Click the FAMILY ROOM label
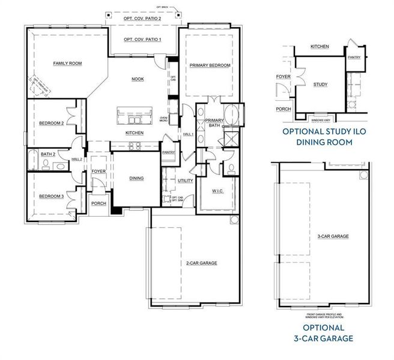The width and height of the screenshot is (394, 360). pos(67,63)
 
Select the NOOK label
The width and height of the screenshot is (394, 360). pos(138,79)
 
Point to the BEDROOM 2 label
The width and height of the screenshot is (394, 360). pos(51,123)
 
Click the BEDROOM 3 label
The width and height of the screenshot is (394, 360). pos(51,196)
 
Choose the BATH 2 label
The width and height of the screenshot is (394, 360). pos(47,154)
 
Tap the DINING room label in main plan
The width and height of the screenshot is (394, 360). pos(136,178)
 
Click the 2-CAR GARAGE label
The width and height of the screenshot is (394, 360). pos(201,263)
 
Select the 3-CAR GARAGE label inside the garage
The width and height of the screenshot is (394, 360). pos(333,236)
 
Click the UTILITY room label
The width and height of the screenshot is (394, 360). pos(185,180)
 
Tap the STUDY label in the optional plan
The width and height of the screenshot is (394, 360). pos(320,85)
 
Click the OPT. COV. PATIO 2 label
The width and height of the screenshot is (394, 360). pos(142,19)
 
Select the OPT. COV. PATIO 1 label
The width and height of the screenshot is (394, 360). pos(142,40)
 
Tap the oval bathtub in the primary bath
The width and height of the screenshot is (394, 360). pos(231,113)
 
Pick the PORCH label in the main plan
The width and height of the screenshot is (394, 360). pos(98,203)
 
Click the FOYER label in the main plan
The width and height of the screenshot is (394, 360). pos(98,172)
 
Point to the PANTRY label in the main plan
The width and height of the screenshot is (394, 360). pos(169,152)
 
